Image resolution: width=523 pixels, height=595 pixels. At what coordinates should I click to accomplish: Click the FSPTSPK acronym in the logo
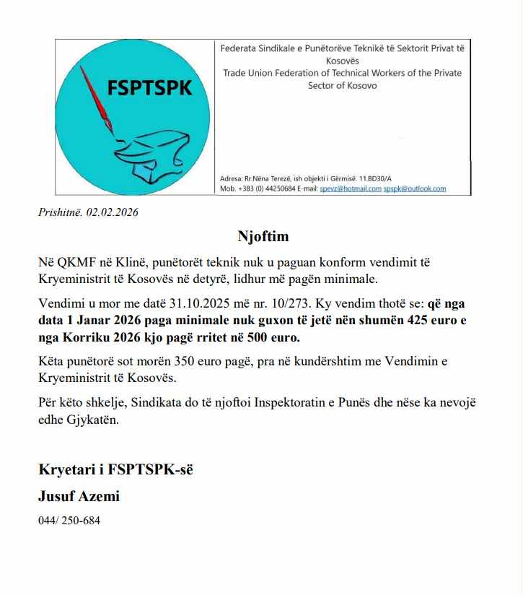pos(149,88)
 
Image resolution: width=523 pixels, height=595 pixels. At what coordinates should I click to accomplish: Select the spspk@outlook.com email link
pos(415,188)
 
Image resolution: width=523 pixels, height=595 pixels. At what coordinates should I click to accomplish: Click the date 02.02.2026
pos(113,212)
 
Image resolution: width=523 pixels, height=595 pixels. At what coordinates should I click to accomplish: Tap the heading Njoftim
pos(263,236)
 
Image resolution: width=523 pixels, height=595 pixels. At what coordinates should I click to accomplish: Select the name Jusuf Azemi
pos(79,496)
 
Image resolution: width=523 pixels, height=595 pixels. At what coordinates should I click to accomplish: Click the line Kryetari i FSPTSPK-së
pos(115,470)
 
